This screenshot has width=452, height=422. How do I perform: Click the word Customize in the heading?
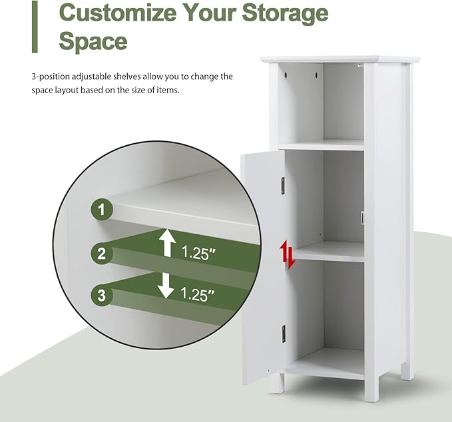(x=118, y=13)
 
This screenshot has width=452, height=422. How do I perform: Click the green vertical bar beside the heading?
(x=35, y=27)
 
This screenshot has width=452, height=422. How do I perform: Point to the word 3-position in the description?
(x=51, y=77)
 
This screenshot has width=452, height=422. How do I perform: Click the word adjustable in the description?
(x=92, y=77)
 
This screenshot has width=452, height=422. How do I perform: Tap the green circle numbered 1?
(x=102, y=210)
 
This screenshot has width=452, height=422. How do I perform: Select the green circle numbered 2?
(x=102, y=254)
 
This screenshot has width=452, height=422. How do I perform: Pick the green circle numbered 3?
(x=102, y=295)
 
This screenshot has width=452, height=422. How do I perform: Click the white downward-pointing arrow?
(x=166, y=286)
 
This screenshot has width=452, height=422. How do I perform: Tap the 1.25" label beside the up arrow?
(x=198, y=253)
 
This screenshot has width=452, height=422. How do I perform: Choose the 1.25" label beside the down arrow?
(x=198, y=294)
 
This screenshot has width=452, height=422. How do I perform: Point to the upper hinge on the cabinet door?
(x=283, y=186)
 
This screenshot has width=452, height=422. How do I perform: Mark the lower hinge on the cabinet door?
(x=284, y=333)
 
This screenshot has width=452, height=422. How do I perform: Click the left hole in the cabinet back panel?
(x=286, y=75)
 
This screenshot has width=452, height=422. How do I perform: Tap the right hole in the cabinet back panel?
(x=316, y=75)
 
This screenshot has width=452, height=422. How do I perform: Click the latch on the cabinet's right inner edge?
(x=362, y=218)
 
